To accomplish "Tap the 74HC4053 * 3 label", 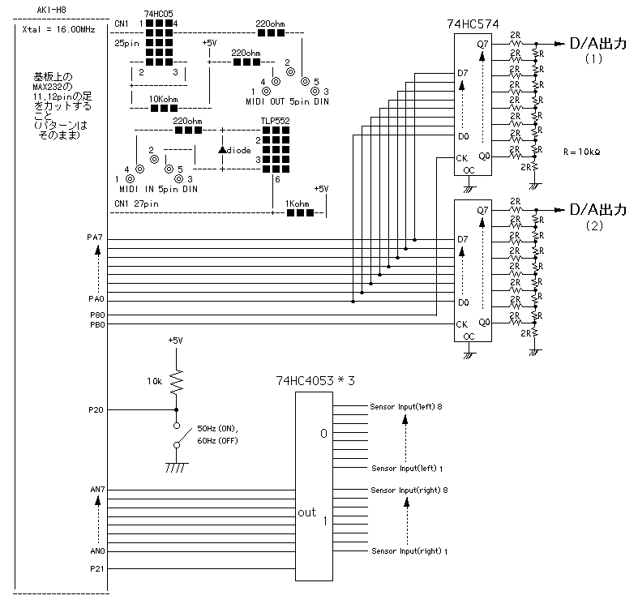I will pos(315,380).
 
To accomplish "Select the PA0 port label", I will pos(96,299).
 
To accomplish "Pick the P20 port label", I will pos(96,410).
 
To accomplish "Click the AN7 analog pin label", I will pos(96,490).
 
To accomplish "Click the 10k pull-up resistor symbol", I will pos(177,381).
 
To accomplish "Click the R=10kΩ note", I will pos(583,152).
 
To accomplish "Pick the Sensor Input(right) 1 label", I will pos(409,551).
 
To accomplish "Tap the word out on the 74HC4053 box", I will pos(307,512).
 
